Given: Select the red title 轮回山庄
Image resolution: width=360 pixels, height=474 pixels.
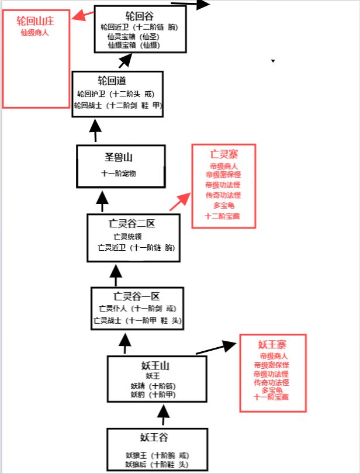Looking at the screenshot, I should click(x=35, y=21).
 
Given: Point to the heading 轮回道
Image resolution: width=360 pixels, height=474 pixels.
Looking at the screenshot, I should click(x=112, y=81).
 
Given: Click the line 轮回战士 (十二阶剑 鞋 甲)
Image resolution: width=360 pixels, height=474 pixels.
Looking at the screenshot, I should click(x=117, y=106).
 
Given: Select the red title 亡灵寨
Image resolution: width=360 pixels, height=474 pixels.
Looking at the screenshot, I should click(x=223, y=155).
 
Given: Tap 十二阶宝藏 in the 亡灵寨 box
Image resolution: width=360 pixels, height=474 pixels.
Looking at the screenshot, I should click(x=222, y=216).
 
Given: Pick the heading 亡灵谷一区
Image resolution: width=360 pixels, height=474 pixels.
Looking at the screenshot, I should click(x=137, y=296).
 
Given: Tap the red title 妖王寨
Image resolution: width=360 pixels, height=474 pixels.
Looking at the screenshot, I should click(x=272, y=344).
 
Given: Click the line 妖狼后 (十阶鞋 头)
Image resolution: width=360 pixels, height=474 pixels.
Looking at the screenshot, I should click(x=156, y=464).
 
